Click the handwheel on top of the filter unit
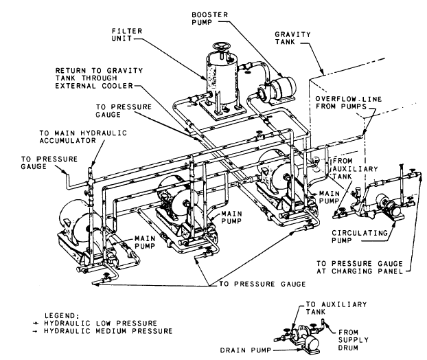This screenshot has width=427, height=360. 220,49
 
